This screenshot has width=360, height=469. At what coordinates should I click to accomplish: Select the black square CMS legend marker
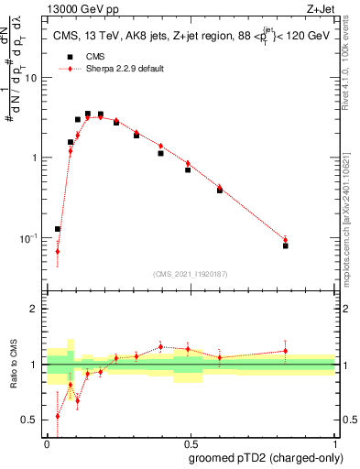click(x=67, y=56)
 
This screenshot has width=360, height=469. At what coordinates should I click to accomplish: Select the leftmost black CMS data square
click(x=58, y=229)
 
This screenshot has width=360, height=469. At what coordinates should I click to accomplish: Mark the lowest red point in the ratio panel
click(x=58, y=416)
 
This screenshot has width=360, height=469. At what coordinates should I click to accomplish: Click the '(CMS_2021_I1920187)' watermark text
click(x=191, y=273)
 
